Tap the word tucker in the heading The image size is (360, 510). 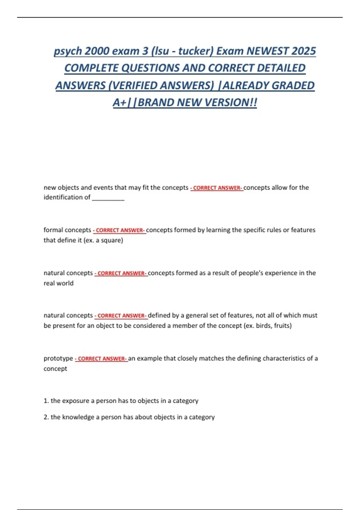[x=195, y=51]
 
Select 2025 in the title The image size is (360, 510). [x=303, y=51]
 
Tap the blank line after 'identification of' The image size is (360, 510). [x=108, y=197]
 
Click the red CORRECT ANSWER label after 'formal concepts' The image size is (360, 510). [x=119, y=230]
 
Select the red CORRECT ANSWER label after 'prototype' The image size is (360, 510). [x=101, y=359]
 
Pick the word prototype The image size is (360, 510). [x=58, y=358]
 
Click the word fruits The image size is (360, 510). [x=282, y=326]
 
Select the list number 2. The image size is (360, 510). [x=46, y=417]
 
